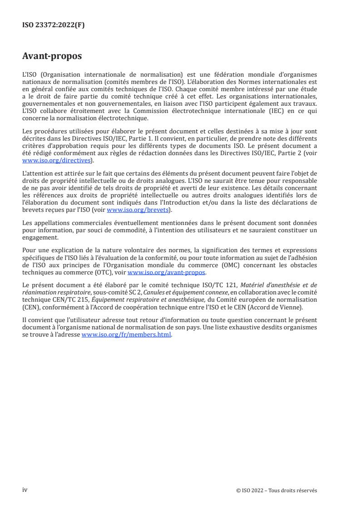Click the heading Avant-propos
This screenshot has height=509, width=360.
pos(52,57)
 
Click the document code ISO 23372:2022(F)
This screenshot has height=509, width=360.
pos(54,25)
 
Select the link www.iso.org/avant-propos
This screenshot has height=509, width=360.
pos(167,273)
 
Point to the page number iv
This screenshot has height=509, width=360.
pos(25,490)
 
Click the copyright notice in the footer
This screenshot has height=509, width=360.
pos(277,490)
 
